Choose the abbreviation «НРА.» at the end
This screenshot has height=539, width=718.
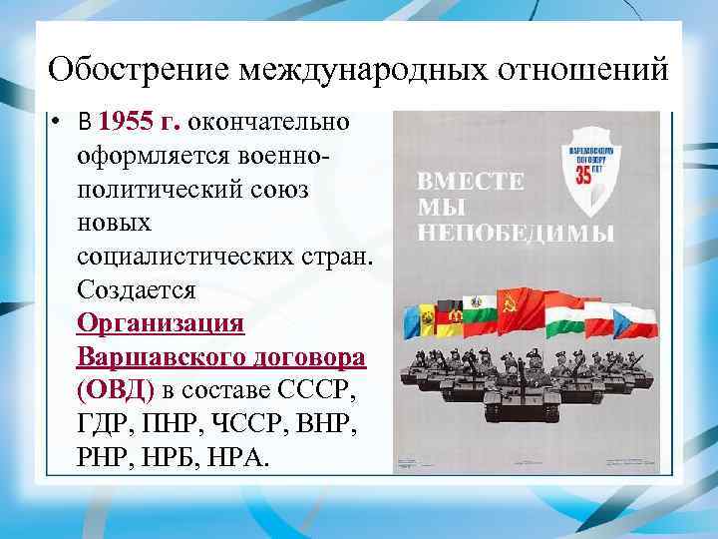tap(236, 458)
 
